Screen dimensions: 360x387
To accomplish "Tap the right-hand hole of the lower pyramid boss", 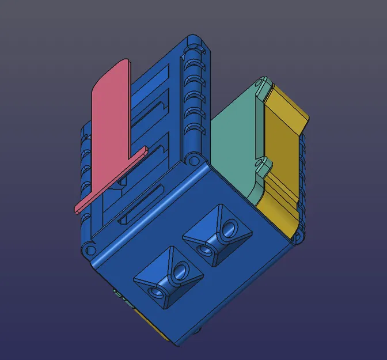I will (182, 270).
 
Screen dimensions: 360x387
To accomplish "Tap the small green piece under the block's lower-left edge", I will (119, 294).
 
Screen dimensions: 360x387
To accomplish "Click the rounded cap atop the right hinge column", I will (196, 42).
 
